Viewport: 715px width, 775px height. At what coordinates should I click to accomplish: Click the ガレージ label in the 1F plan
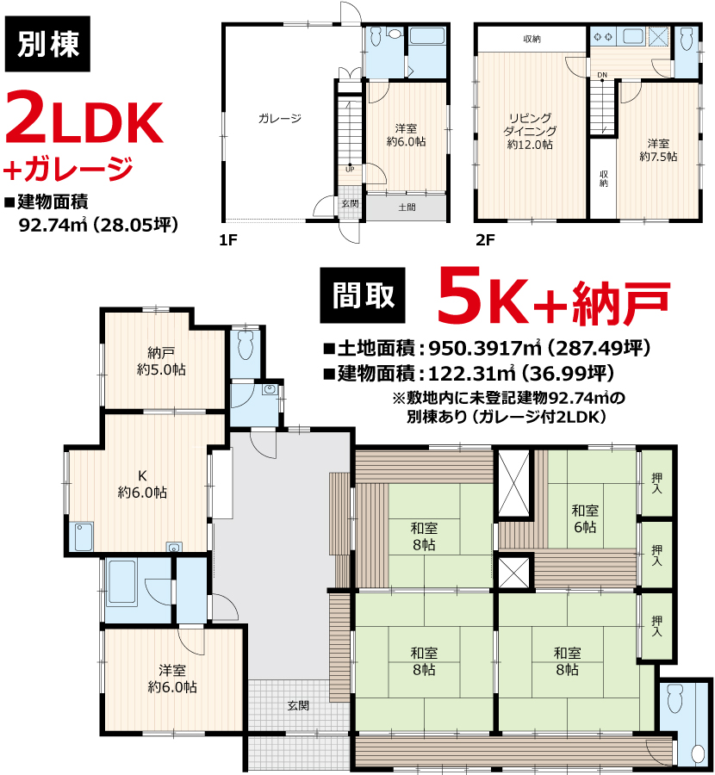tap(279, 119)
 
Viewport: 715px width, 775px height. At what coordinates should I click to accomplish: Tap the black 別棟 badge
tap(47, 44)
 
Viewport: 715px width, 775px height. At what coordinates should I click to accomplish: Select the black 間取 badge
tap(363, 295)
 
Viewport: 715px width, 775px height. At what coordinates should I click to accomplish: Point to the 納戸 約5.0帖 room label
tap(161, 362)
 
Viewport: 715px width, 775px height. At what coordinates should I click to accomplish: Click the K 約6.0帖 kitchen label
tap(142, 484)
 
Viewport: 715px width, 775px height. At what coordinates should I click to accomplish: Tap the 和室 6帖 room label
tap(585, 518)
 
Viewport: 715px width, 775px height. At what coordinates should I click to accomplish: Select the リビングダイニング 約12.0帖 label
tap(530, 131)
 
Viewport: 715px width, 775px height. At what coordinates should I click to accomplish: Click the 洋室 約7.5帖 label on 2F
tap(658, 150)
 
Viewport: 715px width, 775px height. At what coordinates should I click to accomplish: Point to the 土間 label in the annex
tap(407, 207)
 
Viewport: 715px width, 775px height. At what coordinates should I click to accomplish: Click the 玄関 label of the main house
tap(298, 706)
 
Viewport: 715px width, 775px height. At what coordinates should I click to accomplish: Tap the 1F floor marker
tap(228, 240)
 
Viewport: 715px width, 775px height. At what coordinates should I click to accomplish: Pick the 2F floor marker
tap(485, 240)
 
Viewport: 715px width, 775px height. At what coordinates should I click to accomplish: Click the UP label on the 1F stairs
tap(350, 169)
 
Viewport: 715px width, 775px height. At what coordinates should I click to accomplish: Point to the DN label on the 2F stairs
tap(602, 75)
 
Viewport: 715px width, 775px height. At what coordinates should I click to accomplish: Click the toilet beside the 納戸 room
tap(246, 344)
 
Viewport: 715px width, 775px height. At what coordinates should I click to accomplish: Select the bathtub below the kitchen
tap(121, 582)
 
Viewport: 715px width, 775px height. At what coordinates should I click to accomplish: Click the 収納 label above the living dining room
tap(532, 39)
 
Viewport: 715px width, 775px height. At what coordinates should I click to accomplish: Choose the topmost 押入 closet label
tap(656, 483)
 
